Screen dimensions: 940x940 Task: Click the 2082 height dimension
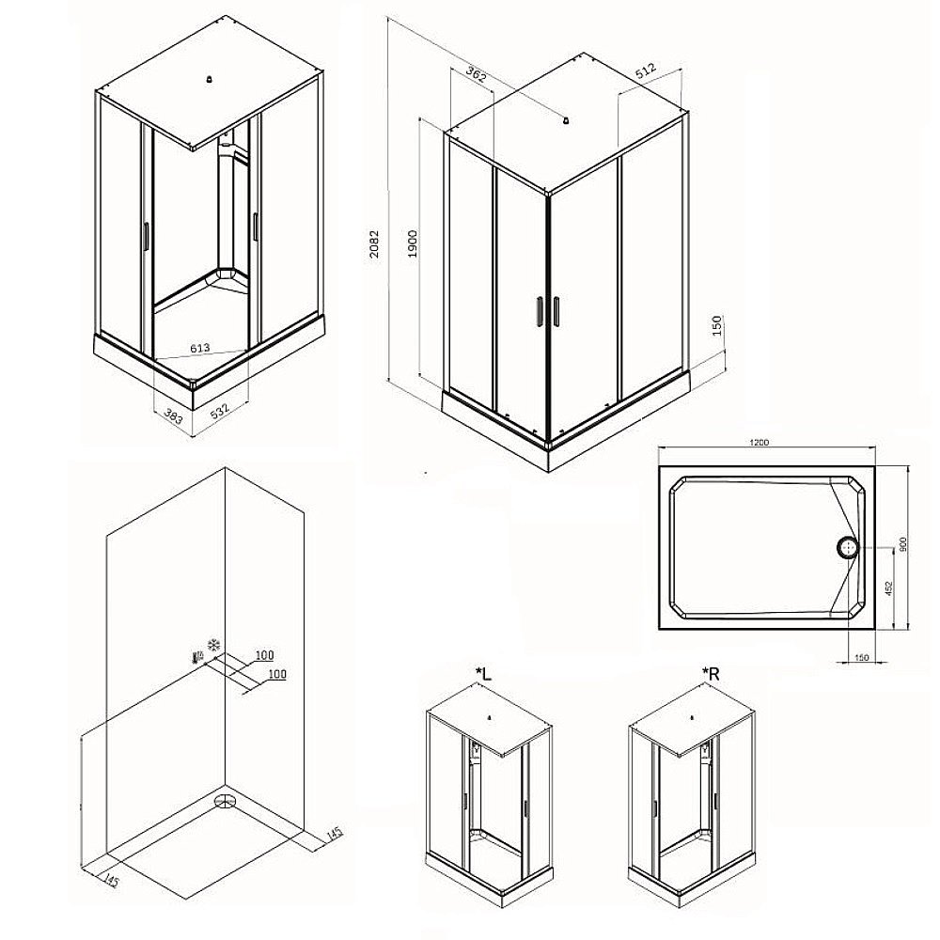(x=374, y=243)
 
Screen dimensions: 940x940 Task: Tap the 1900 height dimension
(x=413, y=243)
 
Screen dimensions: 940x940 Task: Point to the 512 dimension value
(x=646, y=70)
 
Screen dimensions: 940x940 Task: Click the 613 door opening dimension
(x=199, y=348)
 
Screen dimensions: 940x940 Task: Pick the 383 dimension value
(x=173, y=416)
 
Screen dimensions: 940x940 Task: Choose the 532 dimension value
(x=219, y=412)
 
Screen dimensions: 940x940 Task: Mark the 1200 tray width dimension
(x=759, y=443)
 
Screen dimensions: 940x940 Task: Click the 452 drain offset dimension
(x=889, y=588)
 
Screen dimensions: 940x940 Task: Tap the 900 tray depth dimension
(x=902, y=544)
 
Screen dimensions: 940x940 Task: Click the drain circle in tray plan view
(x=848, y=547)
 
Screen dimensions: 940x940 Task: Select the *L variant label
(x=483, y=674)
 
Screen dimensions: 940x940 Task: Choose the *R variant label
(x=711, y=674)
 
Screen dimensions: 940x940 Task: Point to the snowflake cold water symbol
(x=214, y=646)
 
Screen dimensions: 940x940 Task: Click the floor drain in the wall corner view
(x=225, y=802)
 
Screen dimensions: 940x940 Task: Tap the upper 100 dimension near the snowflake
(x=264, y=654)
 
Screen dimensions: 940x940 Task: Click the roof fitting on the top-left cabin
(x=209, y=79)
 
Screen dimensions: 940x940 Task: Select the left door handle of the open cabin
(x=146, y=236)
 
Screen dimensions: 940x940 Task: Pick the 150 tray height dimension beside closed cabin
(x=717, y=325)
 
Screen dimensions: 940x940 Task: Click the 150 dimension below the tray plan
(x=861, y=658)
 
